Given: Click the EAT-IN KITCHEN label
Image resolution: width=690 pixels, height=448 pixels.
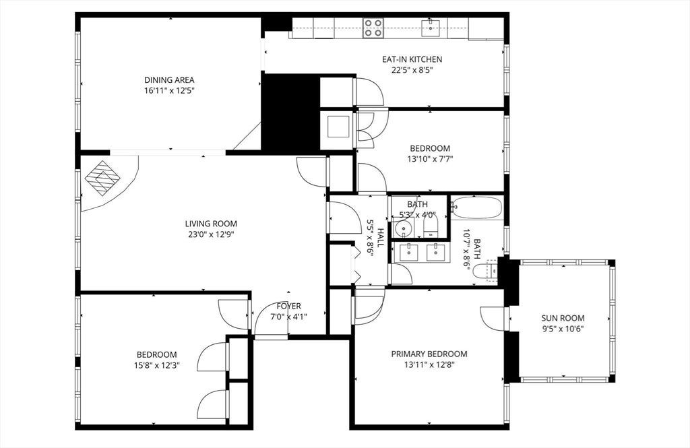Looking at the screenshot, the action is tap(412, 59).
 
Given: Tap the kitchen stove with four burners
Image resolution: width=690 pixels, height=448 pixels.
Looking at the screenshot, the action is tap(373, 28).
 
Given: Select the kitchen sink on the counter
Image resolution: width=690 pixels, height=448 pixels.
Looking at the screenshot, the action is tap(431, 28).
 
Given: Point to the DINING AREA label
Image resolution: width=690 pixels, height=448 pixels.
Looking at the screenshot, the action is tap(169, 80).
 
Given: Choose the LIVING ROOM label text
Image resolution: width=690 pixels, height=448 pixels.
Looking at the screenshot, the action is tap(211, 224).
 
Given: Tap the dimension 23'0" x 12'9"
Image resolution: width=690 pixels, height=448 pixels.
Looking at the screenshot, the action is tap(211, 234).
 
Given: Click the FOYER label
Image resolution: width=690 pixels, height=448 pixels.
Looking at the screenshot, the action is tap(288, 306).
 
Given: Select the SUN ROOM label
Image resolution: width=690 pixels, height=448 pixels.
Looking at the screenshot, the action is tap(563, 318).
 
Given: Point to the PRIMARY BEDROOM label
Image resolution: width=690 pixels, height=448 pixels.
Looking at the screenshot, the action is tap(429, 354).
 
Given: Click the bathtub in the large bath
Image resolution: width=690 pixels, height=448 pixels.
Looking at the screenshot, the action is tap(477, 207).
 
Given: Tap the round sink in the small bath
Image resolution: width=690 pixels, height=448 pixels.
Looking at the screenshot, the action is tap(403, 229).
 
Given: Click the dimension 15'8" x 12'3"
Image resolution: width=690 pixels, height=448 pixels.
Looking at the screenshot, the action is tap(156, 365).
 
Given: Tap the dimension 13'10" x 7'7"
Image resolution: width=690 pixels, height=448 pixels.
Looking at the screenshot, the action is tap(430, 159).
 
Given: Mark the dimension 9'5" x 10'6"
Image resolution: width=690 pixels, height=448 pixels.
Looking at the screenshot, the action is tap(563, 328).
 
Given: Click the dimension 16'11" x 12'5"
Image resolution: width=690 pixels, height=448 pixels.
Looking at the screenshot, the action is tap(169, 91).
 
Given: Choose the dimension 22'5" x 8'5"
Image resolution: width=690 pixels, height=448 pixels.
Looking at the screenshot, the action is tap(412, 69).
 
